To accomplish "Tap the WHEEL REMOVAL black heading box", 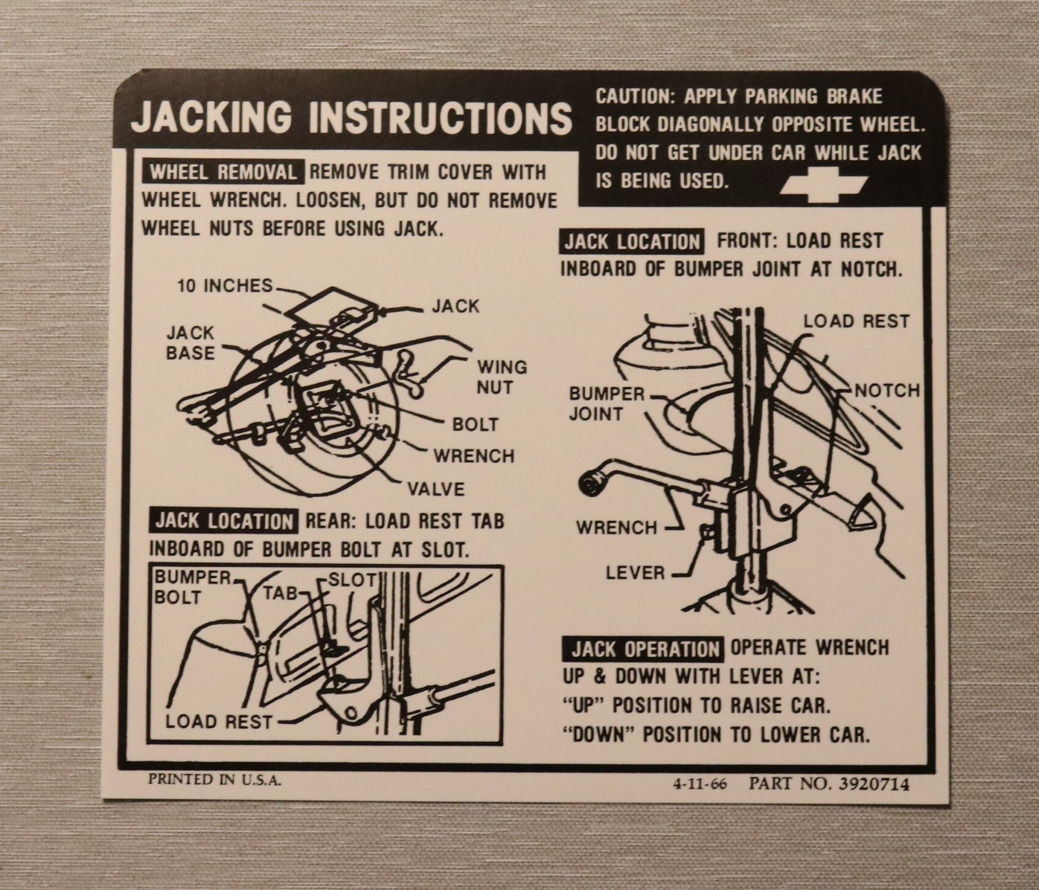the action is coord(223,172).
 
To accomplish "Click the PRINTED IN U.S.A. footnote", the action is coord(214,780).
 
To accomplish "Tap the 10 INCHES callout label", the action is coord(224,286).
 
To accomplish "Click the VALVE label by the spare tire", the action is coord(436,488).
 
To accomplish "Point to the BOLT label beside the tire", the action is coord(475,425).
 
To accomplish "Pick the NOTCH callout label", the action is coord(886,391).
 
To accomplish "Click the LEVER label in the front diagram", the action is coord(635,572).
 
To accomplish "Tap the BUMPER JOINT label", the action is coord(607,403).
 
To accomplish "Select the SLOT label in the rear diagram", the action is coord(352,580).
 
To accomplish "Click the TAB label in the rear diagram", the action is coord(280,594).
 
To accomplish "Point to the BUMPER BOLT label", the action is coord(192,587).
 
